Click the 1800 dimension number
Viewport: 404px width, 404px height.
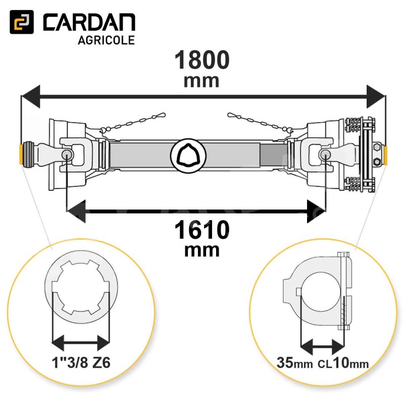pos(202,60)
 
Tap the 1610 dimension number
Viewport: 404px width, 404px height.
pos(202,230)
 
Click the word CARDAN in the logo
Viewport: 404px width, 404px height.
pos(89,22)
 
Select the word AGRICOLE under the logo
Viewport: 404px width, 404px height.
pos(106,40)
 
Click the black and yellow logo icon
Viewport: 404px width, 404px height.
pos(22,22)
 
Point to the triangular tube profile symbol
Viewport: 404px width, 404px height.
pos(188,155)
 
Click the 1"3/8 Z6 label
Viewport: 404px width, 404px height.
pos(81,363)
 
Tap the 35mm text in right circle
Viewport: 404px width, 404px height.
pos(294,363)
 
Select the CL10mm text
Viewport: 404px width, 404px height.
pos(343,363)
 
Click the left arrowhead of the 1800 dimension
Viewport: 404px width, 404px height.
pos(30,96)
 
